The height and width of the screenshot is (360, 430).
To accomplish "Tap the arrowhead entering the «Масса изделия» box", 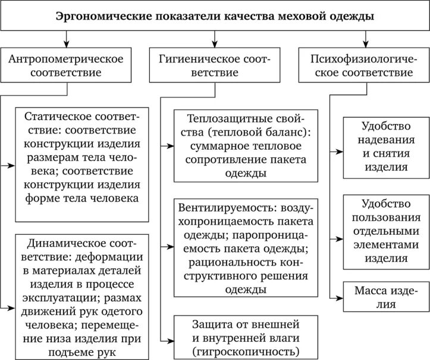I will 341,297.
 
